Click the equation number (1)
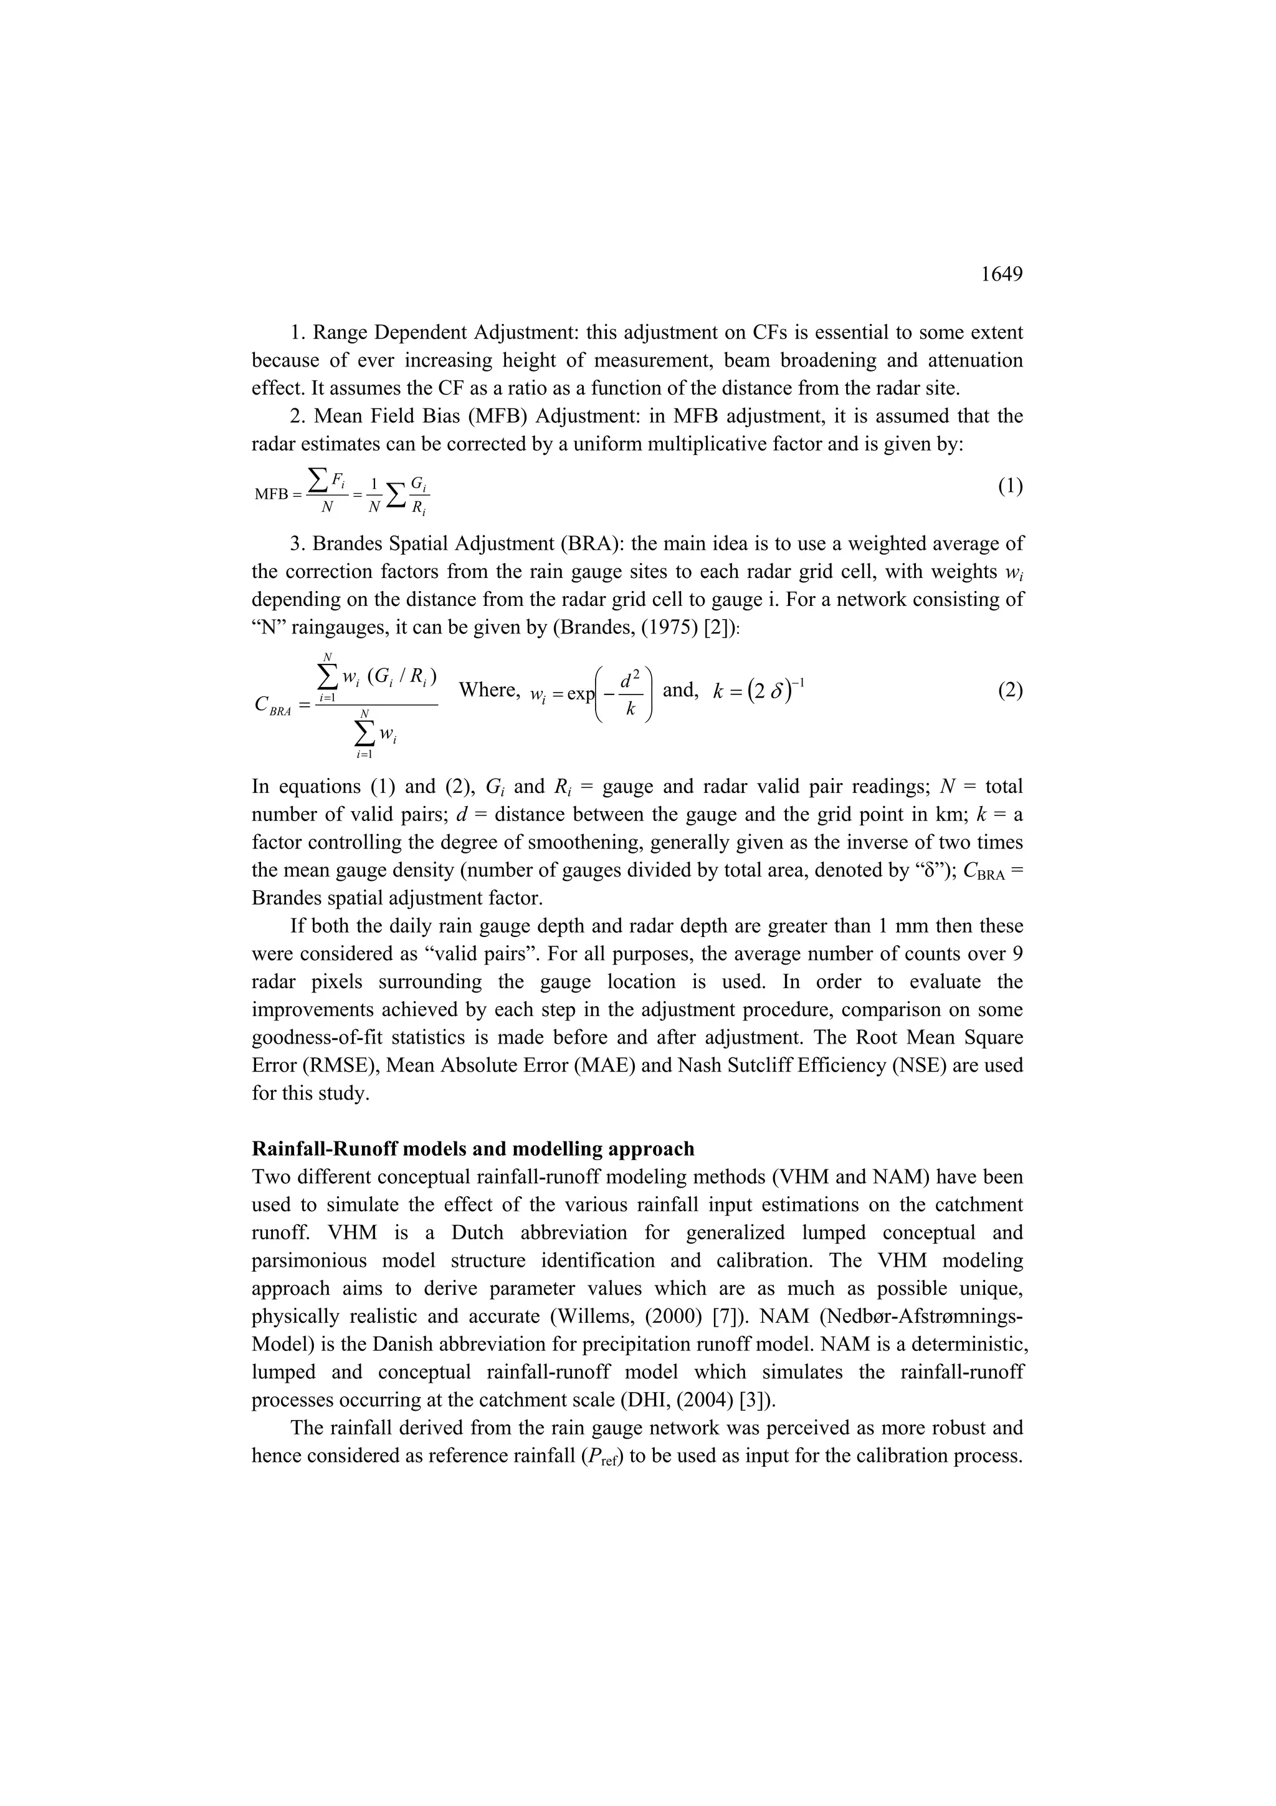(1010, 486)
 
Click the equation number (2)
(1010, 691)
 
